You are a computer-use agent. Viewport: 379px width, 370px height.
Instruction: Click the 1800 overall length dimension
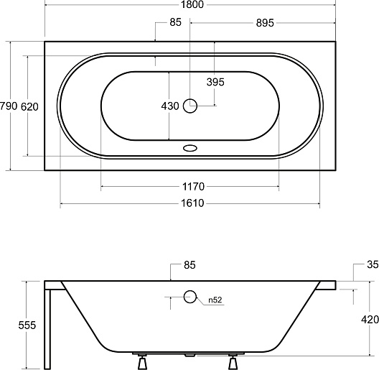(192, 4)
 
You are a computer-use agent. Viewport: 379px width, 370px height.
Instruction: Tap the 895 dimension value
(265, 23)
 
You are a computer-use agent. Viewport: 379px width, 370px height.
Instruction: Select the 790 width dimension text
(9, 106)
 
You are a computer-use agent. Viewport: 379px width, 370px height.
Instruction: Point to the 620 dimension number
(29, 107)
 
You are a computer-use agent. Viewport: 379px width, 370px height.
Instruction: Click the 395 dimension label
(215, 82)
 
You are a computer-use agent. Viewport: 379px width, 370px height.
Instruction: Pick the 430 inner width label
(170, 106)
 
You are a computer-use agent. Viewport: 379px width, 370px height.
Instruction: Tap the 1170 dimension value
(193, 187)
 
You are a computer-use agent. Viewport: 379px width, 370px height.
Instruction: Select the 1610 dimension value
(192, 203)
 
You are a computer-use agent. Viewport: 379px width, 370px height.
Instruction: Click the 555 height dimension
(27, 325)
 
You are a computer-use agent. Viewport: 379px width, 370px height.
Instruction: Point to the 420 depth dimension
(370, 320)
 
